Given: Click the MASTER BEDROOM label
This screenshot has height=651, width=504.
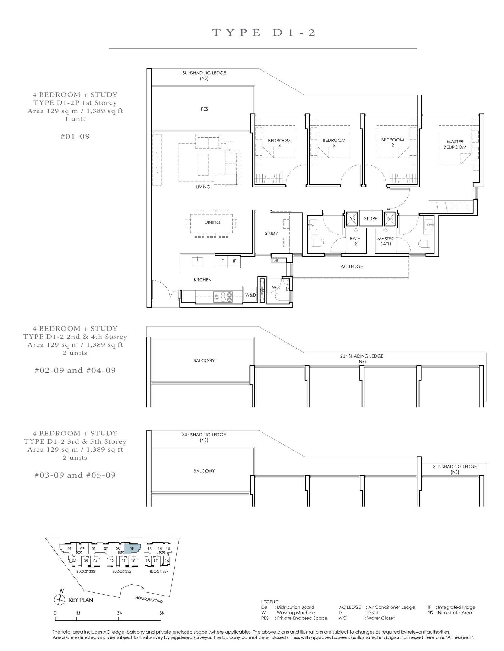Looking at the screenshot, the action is click(455, 144).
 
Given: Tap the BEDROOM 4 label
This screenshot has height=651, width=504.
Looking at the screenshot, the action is click(279, 143).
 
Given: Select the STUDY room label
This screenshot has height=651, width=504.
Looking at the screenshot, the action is click(271, 233).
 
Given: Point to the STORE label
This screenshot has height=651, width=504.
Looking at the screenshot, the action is click(371, 219).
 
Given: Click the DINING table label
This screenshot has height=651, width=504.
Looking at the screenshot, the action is click(212, 222).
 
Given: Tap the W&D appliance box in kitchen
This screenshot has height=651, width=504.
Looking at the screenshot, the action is click(250, 295).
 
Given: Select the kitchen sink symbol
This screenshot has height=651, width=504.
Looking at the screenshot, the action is click(197, 262).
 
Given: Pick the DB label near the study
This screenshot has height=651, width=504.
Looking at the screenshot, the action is click(275, 261).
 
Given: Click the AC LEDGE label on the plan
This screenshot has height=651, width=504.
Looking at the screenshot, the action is click(352, 267).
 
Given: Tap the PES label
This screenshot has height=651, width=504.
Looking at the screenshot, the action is click(204, 109).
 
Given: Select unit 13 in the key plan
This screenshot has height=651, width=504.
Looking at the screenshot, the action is click(150, 549).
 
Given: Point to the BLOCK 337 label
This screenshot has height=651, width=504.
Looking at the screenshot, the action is click(159, 571).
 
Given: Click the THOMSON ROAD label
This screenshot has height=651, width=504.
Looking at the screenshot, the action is click(148, 599).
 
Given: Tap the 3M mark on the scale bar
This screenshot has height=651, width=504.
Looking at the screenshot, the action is click(120, 613).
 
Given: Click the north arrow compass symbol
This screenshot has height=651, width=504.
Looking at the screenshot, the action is click(60, 600).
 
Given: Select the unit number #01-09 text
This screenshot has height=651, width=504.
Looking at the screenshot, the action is click(75, 136).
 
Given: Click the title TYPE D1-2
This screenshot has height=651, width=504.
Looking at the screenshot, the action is click(264, 32).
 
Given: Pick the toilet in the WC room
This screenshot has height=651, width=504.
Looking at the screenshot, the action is click(282, 297).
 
